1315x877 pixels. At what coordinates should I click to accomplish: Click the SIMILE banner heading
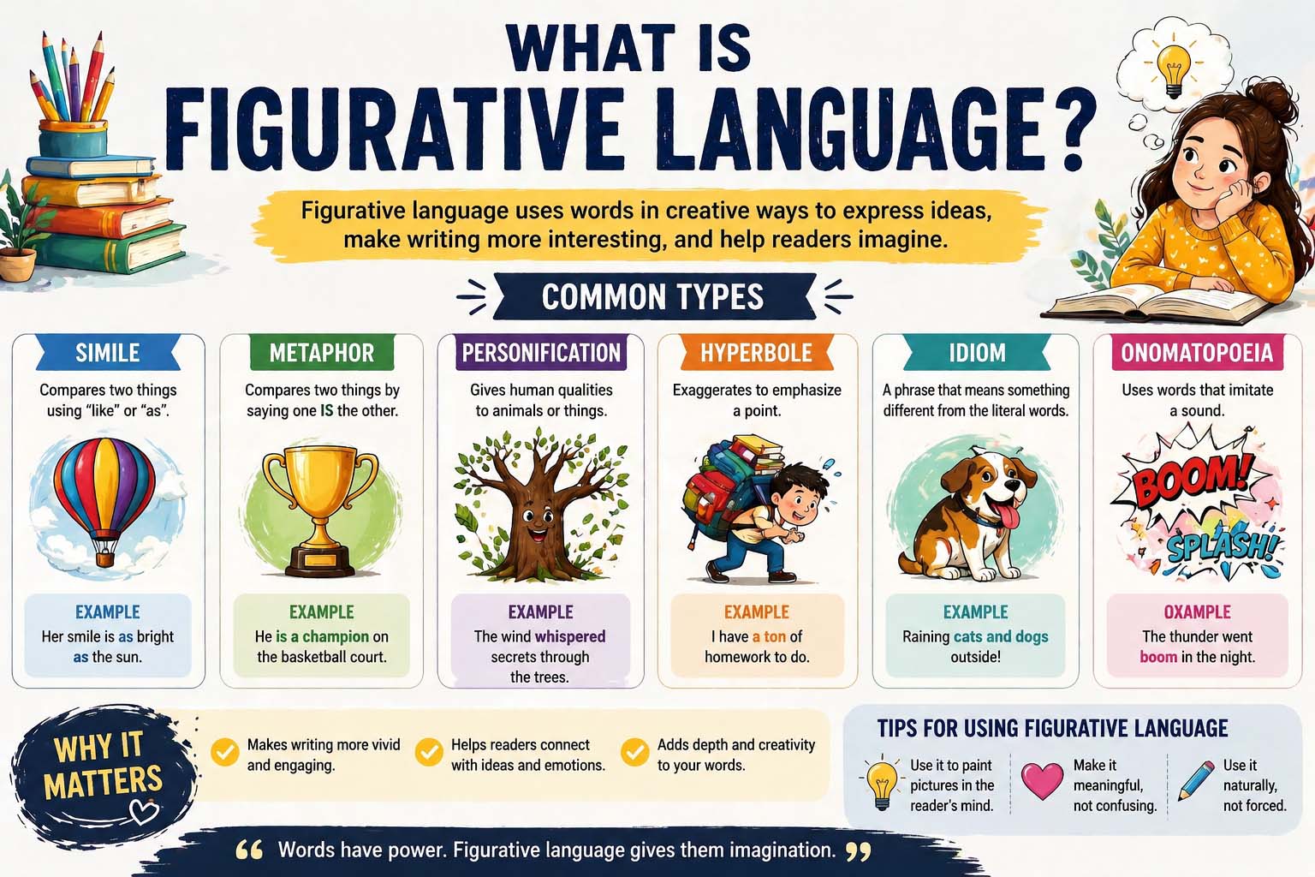(x=107, y=353)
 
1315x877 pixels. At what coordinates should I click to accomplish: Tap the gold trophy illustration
(x=320, y=505)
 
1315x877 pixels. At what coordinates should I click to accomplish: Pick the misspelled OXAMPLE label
(x=1197, y=612)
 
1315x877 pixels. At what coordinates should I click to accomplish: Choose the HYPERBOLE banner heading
(x=756, y=353)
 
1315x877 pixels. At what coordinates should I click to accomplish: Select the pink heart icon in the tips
(x=1042, y=781)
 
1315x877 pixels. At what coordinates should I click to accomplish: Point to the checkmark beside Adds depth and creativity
(x=634, y=752)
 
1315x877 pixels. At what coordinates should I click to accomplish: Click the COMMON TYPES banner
(x=652, y=297)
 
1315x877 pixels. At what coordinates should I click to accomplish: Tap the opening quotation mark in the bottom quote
(x=249, y=850)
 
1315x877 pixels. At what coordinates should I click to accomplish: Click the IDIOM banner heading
(x=977, y=353)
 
